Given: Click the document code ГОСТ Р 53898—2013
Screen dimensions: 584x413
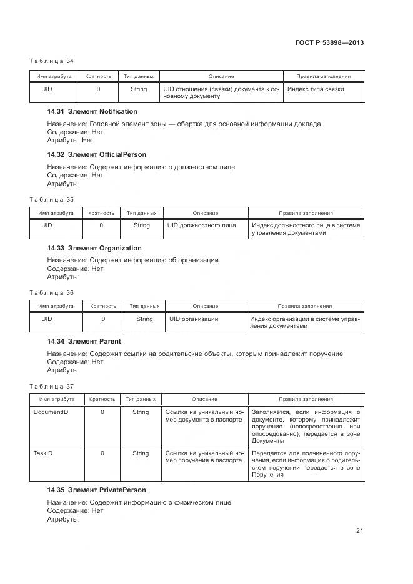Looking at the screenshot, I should tap(329, 43).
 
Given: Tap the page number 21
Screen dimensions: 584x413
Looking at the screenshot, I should tap(360, 531).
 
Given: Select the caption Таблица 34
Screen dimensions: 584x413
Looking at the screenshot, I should tap(52, 61).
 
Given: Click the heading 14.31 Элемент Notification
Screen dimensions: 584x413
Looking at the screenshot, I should tap(92, 111).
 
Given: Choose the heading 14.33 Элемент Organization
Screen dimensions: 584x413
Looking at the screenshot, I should tap(94, 248).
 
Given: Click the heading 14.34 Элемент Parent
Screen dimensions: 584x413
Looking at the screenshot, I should tap(84, 341).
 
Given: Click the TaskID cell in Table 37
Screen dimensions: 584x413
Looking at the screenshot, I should tap(42, 453).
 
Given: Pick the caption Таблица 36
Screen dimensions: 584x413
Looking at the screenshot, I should tap(52, 292).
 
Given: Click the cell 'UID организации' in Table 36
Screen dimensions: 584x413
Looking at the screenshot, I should tap(194, 319).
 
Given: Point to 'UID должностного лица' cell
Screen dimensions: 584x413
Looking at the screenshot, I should tap(201, 225).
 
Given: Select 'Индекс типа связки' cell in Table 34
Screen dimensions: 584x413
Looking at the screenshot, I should tap(316, 89).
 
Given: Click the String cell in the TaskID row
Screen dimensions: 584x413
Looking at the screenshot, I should tap(141, 453).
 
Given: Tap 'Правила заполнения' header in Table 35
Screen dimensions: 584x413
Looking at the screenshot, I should tap(306, 213).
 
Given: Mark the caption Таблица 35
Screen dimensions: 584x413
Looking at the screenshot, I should tap(52, 199).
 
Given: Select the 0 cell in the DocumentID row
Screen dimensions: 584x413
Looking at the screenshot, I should tap(102, 412).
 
